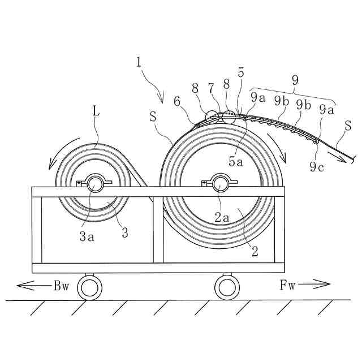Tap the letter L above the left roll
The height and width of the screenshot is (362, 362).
point(96,111)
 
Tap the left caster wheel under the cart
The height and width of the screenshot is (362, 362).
point(89,288)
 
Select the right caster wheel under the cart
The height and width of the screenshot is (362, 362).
point(226,288)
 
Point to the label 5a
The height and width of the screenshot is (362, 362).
point(236,161)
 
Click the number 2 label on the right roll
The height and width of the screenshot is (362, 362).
point(255,252)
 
